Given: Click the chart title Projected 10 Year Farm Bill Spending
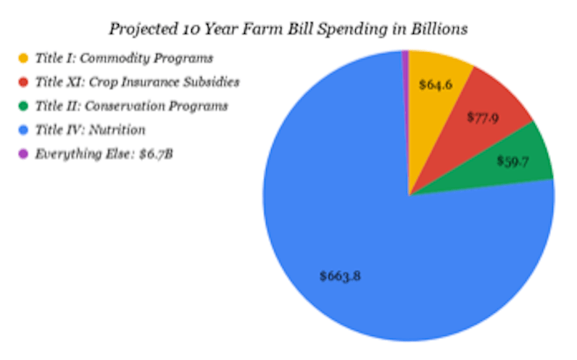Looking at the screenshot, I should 288,29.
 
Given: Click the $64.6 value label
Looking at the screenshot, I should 436,85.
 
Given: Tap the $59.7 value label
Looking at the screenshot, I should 512,161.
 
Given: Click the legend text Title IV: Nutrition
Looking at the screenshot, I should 90,130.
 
